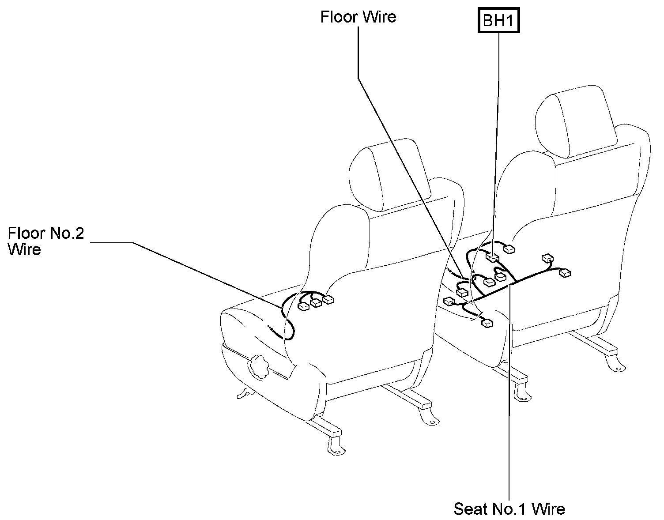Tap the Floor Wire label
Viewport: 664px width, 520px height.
[358, 17]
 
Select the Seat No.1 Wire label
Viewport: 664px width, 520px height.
[509, 509]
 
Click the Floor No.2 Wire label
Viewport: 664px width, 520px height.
[45, 241]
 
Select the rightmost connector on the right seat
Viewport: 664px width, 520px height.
[565, 273]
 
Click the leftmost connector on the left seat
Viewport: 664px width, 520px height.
[304, 306]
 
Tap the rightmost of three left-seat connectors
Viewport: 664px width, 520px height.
[328, 300]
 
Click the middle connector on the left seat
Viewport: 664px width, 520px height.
[316, 303]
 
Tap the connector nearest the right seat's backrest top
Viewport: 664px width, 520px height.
[509, 249]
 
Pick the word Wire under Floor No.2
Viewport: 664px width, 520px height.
[24, 249]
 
